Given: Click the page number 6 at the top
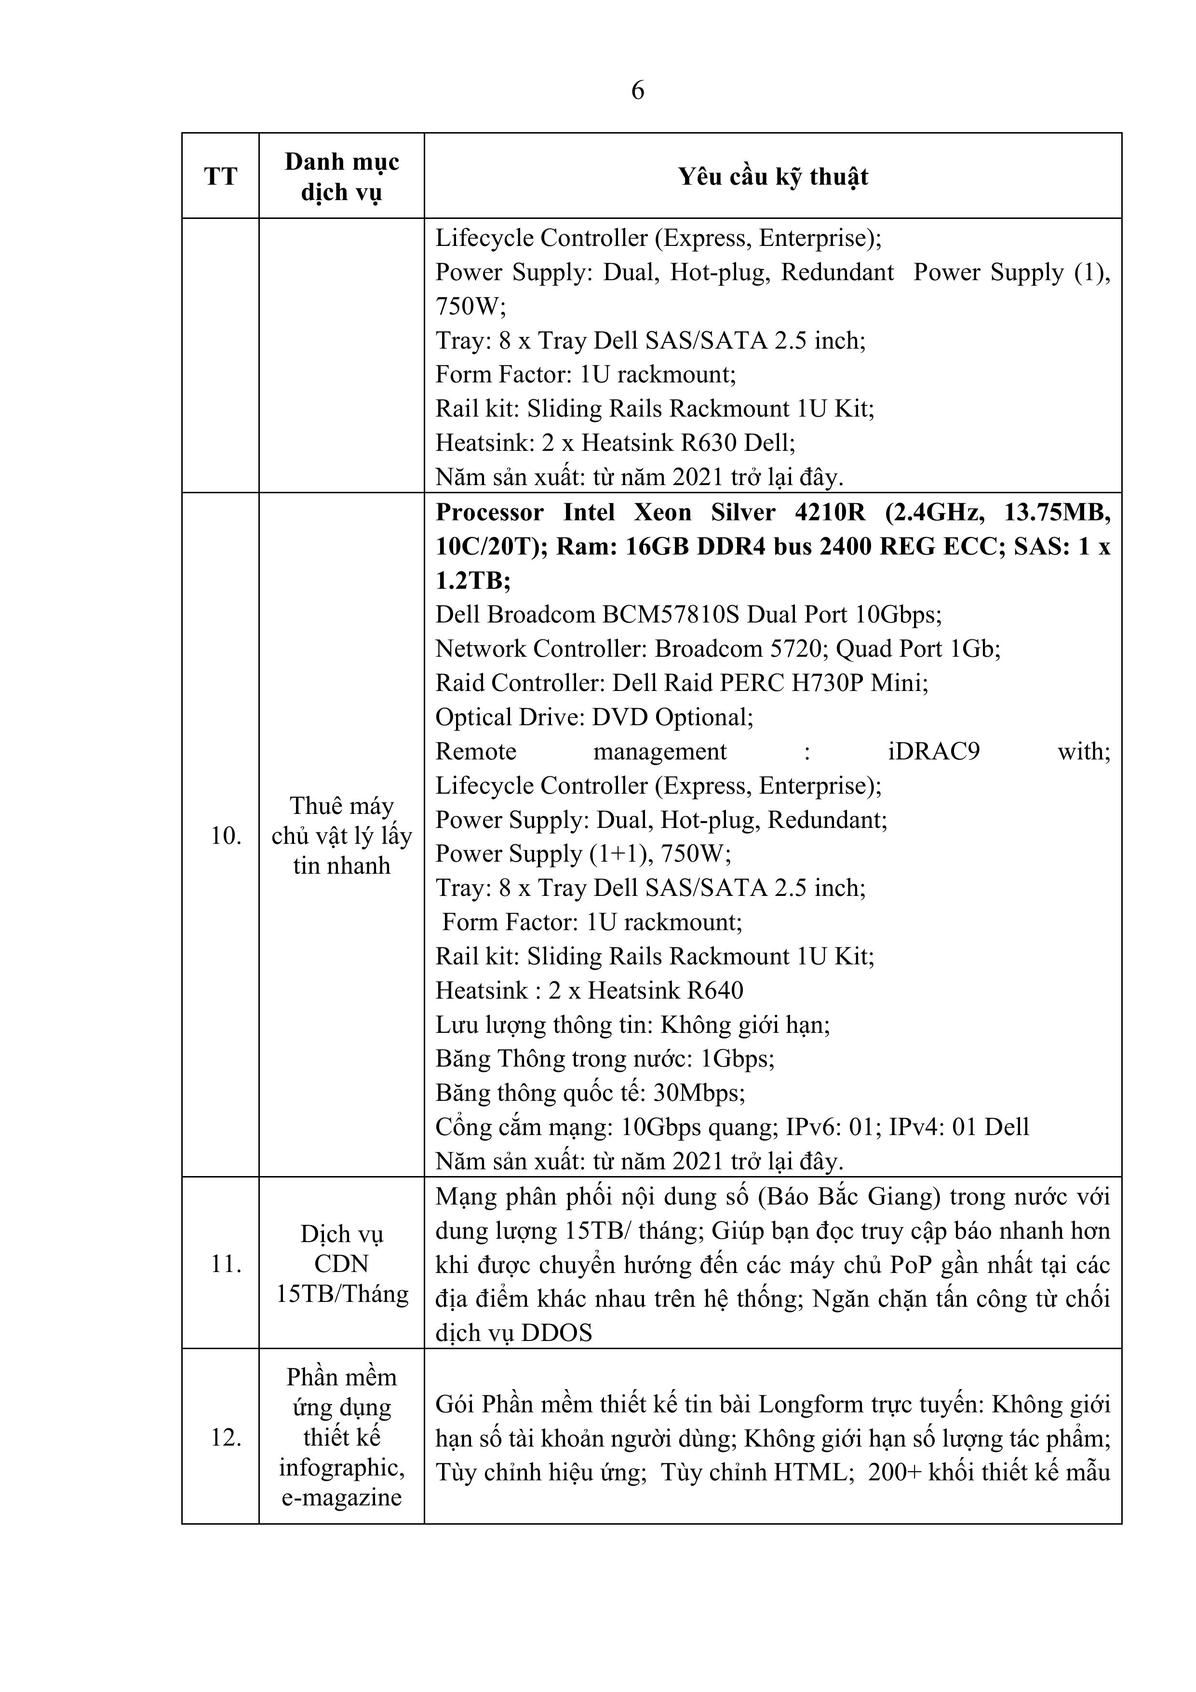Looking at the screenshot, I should [x=637, y=90].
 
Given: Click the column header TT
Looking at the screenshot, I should [x=220, y=177].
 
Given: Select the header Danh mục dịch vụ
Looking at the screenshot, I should [x=342, y=177].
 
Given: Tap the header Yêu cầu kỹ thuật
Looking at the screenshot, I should [x=773, y=177].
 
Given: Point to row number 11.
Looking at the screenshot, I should [x=226, y=1265].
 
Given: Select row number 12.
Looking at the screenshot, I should [x=226, y=1438].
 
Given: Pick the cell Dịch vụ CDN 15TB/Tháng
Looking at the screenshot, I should [x=342, y=1265].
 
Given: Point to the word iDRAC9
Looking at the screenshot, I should [x=934, y=752].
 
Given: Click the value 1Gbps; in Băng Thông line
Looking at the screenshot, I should [x=737, y=1059].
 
